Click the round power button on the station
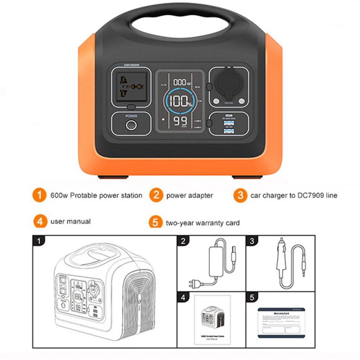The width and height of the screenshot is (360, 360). pos(131,126)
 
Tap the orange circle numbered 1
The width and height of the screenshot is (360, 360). pos(39,195)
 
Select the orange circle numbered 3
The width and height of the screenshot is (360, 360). pos(240,196)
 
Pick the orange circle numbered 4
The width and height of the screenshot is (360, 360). pos(40,221)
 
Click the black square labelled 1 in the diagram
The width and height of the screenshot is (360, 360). pos(37,240)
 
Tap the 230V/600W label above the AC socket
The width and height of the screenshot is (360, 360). pos(131,65)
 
